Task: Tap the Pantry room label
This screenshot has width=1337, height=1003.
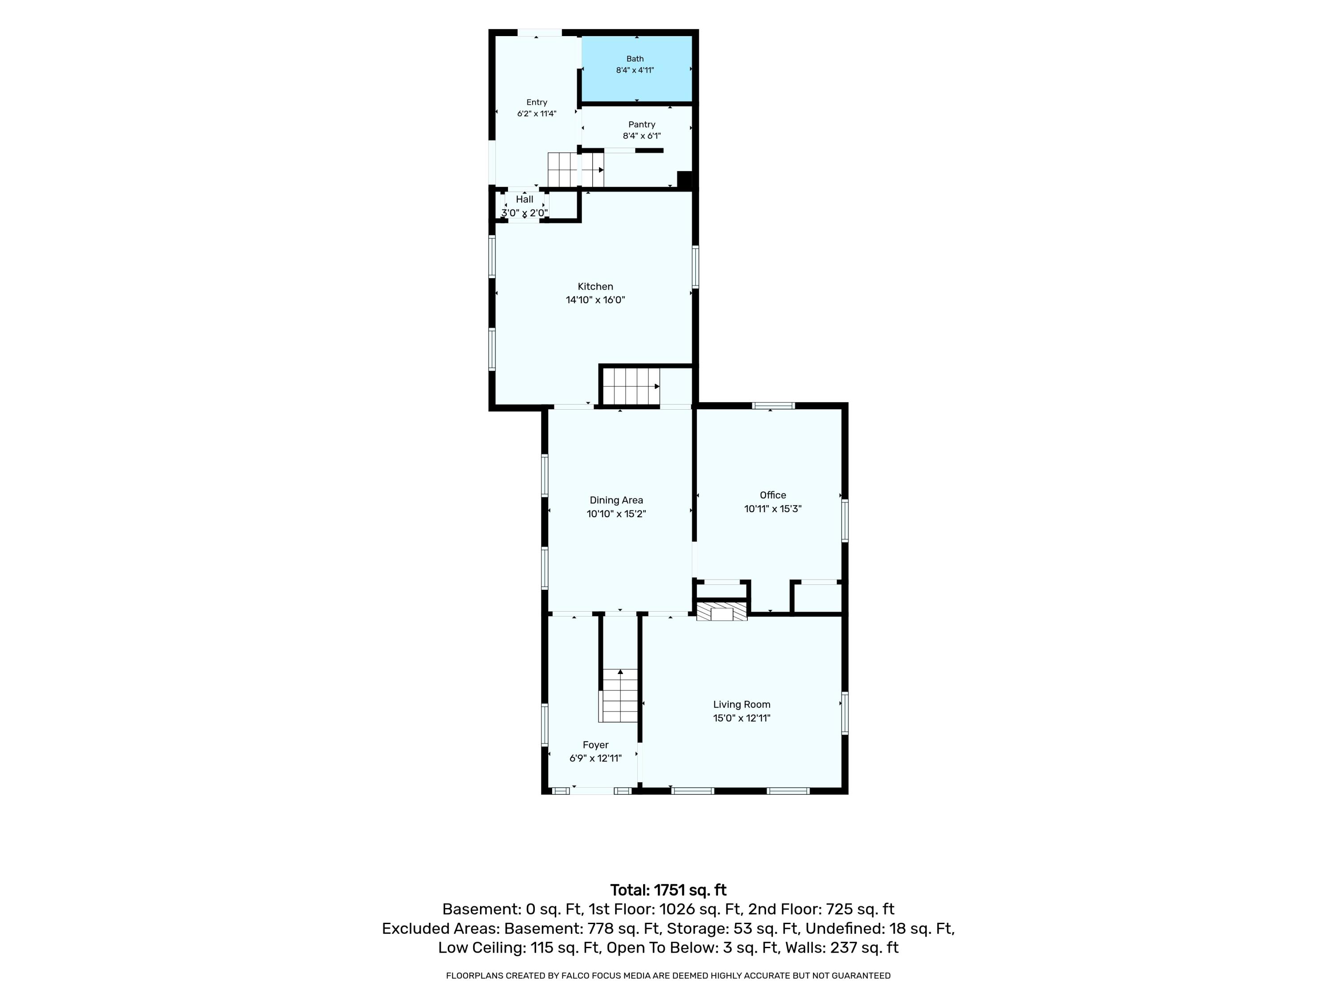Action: (641, 124)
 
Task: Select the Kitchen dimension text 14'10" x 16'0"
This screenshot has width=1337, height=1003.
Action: (595, 300)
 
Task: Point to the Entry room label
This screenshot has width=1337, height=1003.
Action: (537, 102)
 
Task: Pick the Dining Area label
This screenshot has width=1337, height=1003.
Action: (616, 500)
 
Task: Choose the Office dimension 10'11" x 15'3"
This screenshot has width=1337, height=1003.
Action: (773, 509)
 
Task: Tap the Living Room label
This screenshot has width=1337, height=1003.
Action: (742, 704)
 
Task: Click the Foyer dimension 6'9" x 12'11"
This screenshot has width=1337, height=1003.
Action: (595, 759)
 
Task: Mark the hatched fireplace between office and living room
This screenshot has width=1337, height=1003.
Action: (722, 611)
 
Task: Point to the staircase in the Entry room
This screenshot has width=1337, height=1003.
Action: (575, 170)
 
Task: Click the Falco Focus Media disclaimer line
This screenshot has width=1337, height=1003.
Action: (668, 975)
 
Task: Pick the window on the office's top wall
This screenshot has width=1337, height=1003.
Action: (773, 406)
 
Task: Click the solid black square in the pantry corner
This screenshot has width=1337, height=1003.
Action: (685, 180)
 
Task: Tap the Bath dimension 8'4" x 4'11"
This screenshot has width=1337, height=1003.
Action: (635, 70)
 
